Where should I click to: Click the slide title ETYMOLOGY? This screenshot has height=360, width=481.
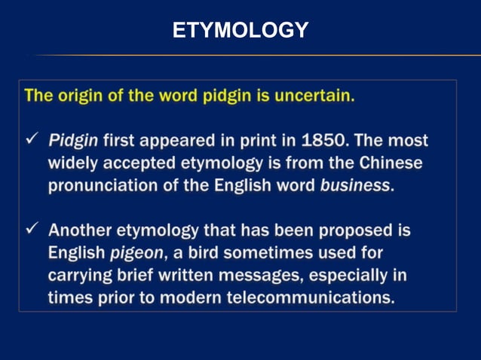pyautogui.click(x=240, y=30)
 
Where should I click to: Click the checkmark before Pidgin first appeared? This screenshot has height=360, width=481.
pyautogui.click(x=32, y=140)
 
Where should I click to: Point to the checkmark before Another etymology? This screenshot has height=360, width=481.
pyautogui.click(x=32, y=230)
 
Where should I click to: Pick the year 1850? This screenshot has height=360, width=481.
pyautogui.click(x=325, y=140)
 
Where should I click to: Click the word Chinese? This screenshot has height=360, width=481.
pyautogui.click(x=391, y=163)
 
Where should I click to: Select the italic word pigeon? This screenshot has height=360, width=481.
pyautogui.click(x=136, y=252)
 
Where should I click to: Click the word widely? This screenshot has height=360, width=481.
pyautogui.click(x=73, y=163)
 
